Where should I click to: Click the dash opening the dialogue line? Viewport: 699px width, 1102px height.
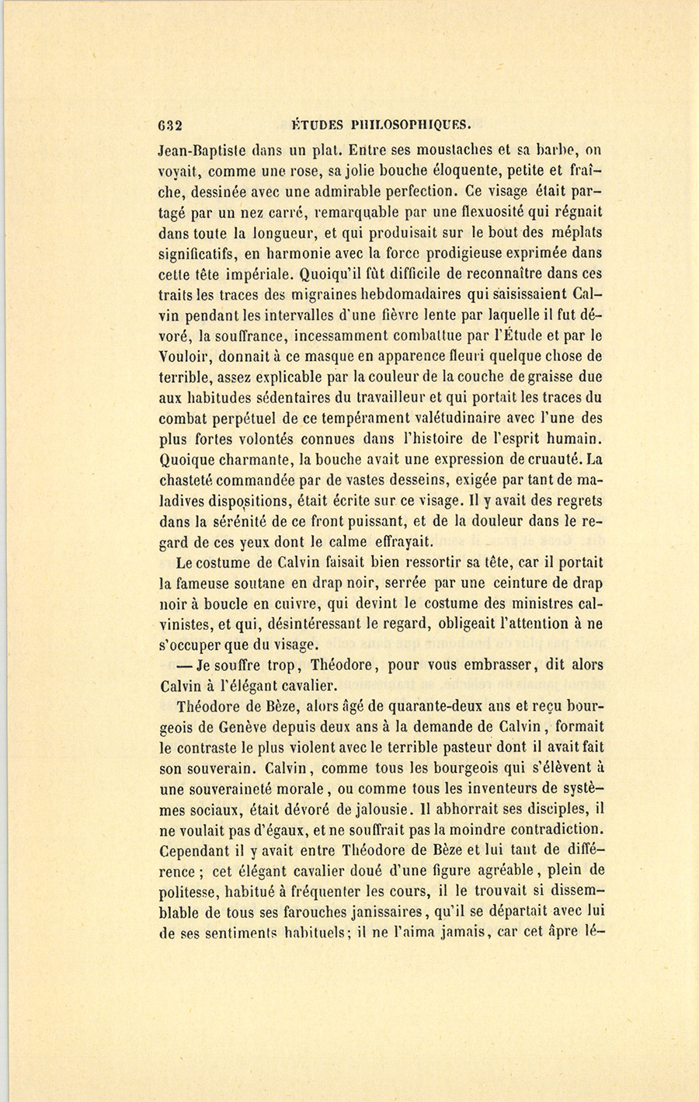point(184,666)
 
